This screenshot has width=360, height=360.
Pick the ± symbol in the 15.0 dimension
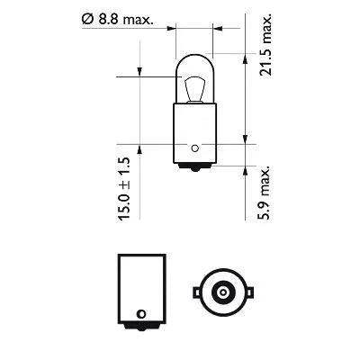point(124,180)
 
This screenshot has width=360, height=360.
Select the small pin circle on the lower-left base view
point(139,314)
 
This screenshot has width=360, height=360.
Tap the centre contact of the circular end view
point(220,292)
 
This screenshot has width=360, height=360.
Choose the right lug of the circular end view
point(248,292)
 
